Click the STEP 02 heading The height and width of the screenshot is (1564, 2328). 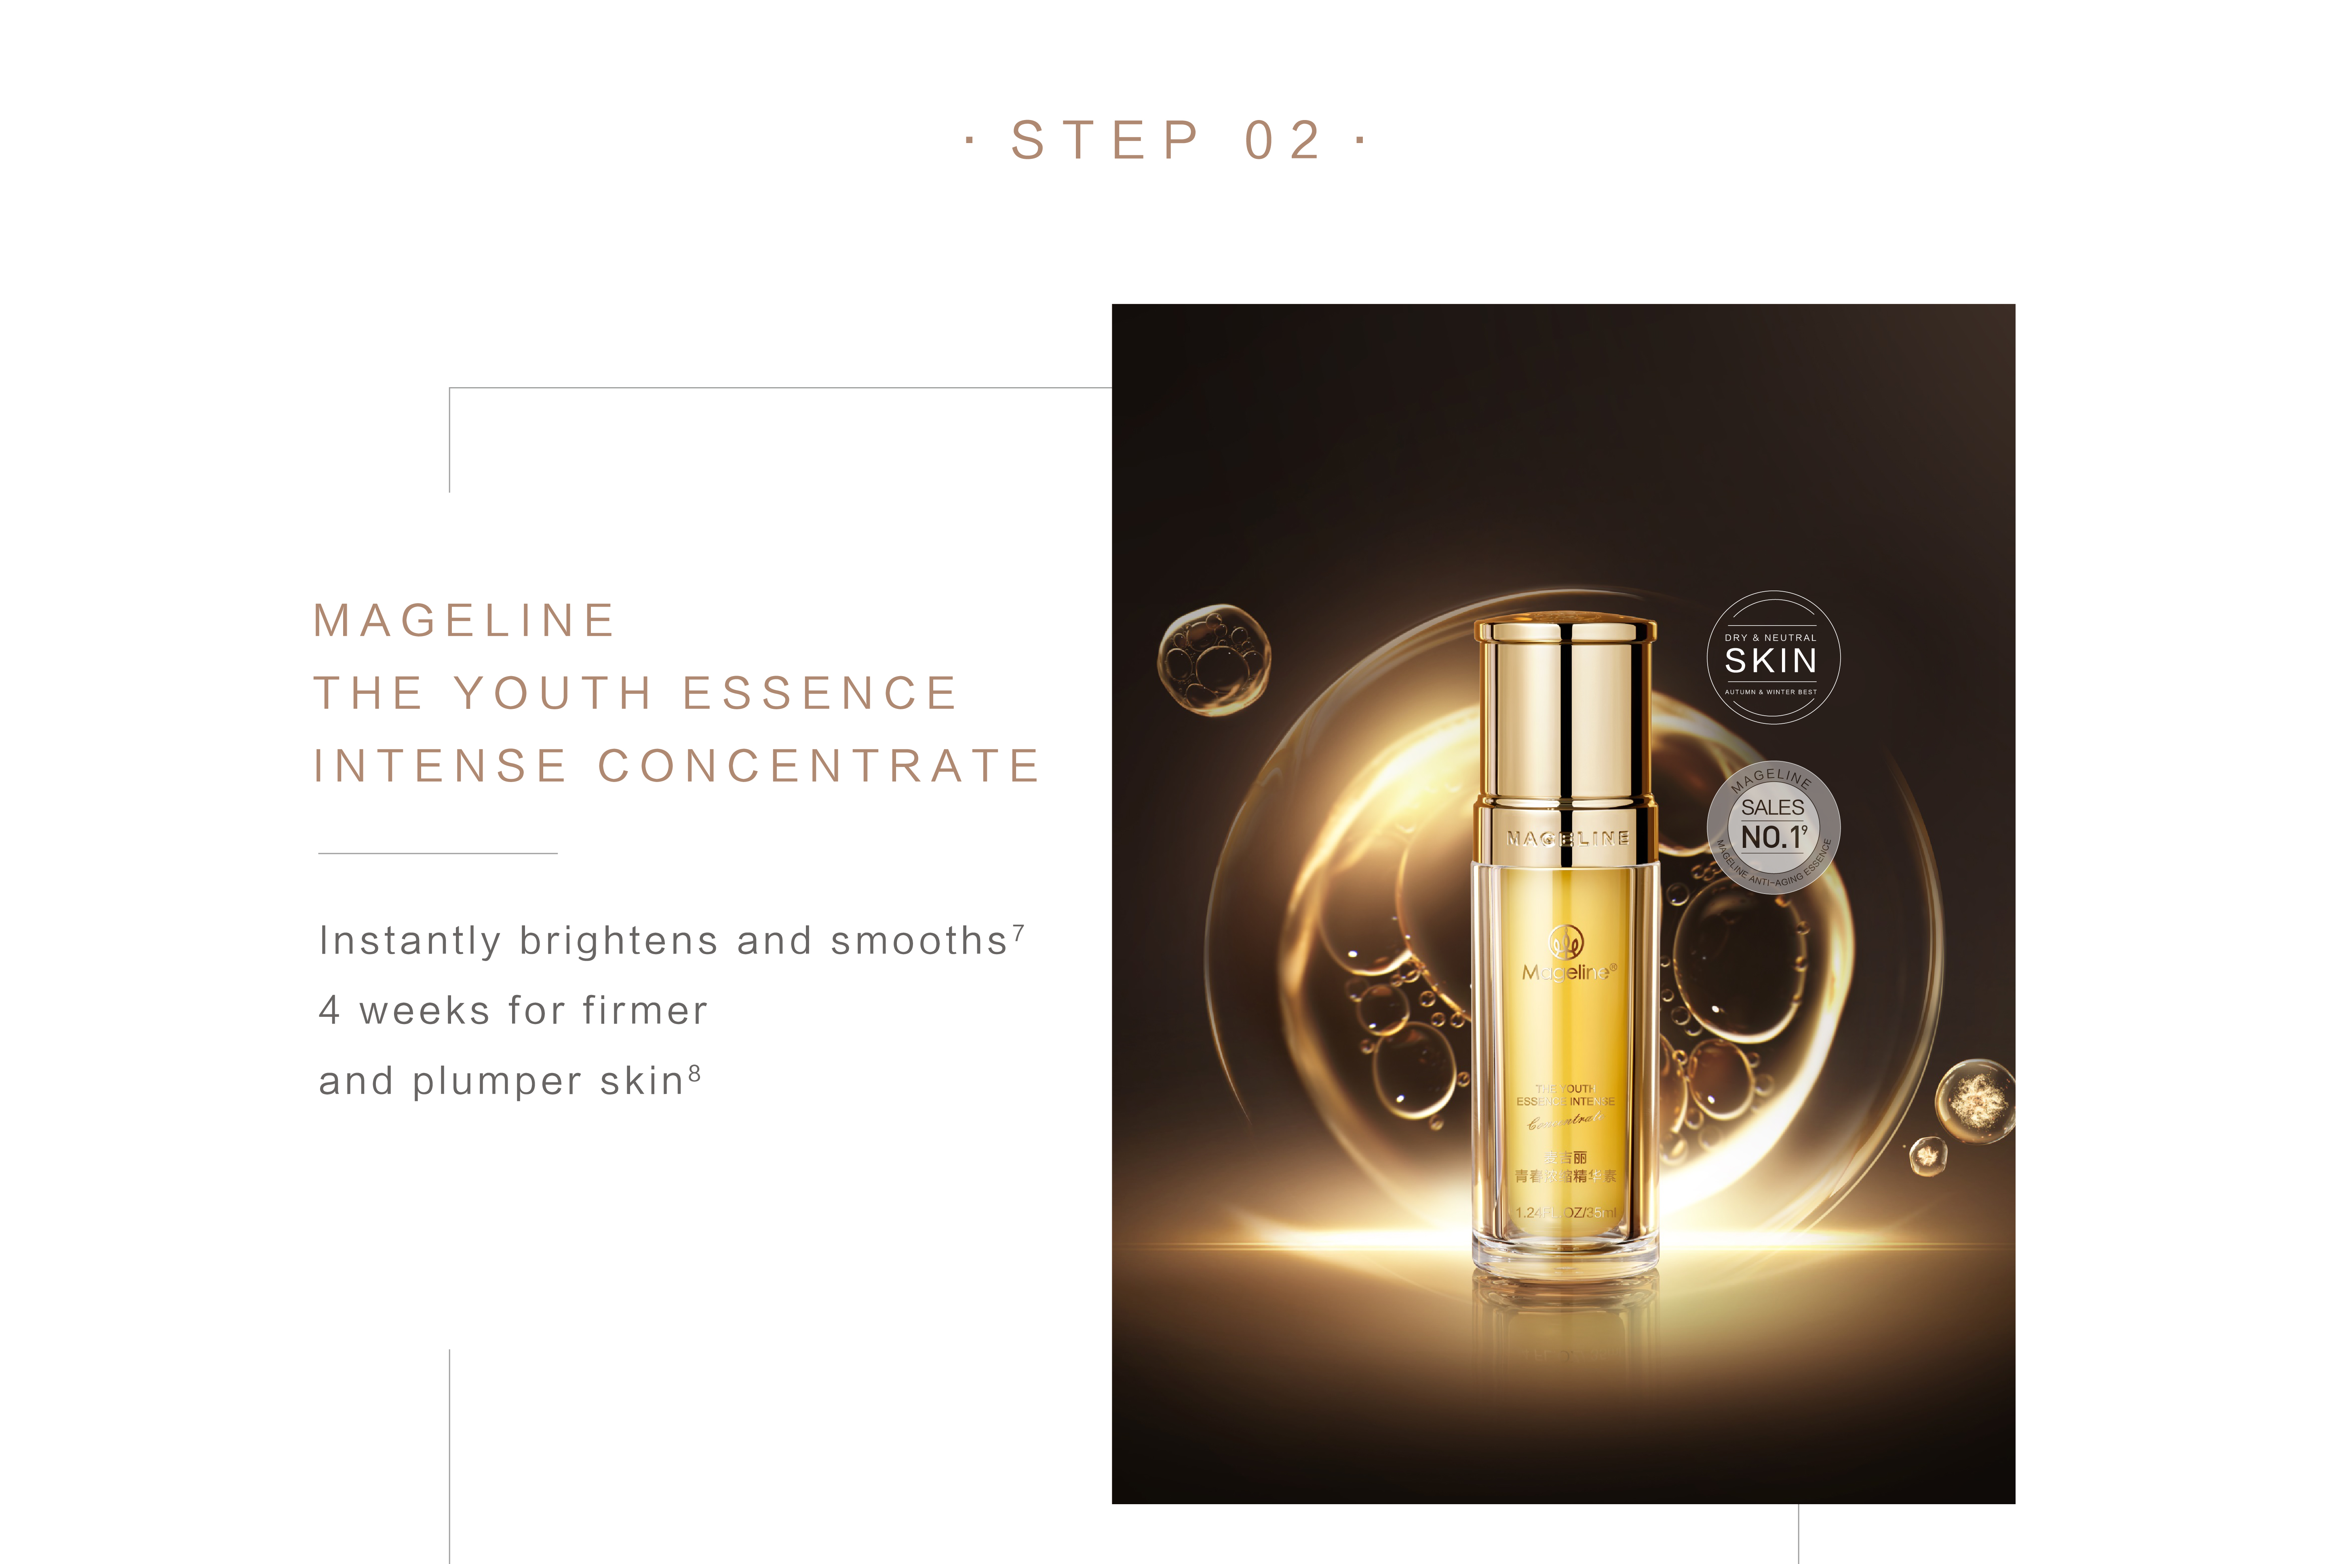tap(1165, 140)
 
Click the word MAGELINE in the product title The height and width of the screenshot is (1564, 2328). tap(465, 620)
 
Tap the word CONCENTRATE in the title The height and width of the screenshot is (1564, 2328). tap(819, 766)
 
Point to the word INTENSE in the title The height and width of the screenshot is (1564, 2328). tap(441, 766)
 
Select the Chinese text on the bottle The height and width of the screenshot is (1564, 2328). tap(1565, 1167)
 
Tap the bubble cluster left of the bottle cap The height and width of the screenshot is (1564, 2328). tap(1213, 658)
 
